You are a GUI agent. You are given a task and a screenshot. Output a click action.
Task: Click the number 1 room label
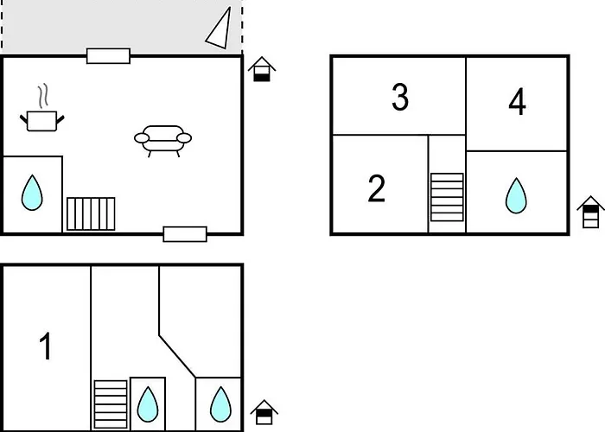tap(47, 346)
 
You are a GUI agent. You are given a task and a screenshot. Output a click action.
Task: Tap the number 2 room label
tap(376, 188)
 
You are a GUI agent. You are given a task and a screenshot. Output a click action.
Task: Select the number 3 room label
tap(399, 98)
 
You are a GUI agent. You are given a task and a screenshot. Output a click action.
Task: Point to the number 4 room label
tap(517, 103)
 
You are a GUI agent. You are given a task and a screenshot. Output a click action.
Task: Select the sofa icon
tap(162, 139)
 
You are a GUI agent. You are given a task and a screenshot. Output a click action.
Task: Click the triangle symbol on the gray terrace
tap(220, 29)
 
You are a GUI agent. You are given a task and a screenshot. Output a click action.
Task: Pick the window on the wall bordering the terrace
tap(108, 56)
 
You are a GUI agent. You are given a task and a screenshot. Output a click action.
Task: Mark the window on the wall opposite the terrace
tap(185, 233)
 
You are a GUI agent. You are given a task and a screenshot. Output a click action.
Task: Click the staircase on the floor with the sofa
tap(91, 213)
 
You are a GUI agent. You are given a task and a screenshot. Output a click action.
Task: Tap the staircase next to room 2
tap(447, 196)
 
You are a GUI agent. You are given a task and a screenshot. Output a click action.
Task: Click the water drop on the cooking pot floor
tap(32, 193)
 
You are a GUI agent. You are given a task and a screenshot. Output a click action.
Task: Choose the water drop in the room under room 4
tap(516, 195)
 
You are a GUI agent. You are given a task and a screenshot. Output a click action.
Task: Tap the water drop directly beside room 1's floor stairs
tap(148, 403)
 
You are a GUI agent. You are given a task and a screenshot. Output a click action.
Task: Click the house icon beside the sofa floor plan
tap(262, 69)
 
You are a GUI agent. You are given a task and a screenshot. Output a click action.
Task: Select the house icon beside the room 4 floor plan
tap(590, 213)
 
